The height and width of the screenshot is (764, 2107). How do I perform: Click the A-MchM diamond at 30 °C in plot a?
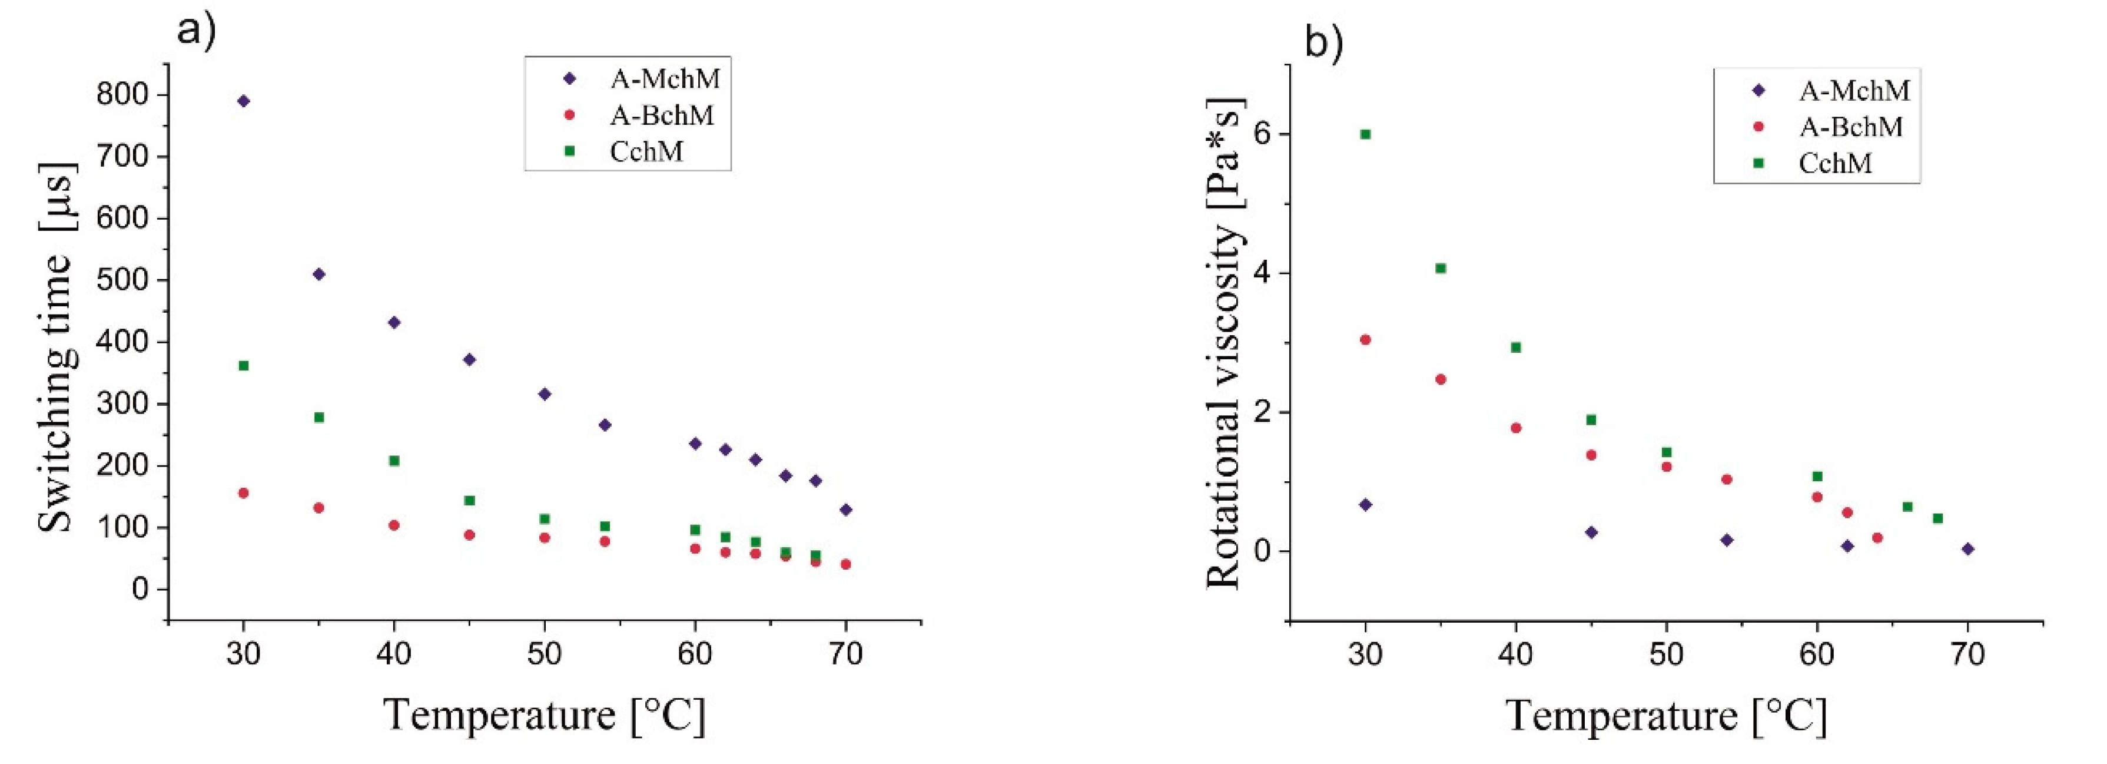243,101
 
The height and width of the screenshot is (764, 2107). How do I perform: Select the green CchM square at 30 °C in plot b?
1365,134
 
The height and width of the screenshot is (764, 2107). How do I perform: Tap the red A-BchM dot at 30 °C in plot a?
243,493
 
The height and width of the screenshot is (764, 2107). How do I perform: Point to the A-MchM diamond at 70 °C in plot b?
1968,549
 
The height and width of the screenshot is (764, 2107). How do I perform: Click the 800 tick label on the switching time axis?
122,95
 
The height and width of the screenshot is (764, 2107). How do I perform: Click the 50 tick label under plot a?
545,654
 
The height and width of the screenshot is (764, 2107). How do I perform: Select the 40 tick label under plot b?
1515,654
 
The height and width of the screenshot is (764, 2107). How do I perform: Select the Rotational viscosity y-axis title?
1225,343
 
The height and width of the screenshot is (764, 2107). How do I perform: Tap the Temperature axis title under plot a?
544,715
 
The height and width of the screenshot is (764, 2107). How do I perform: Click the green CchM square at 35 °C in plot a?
319,417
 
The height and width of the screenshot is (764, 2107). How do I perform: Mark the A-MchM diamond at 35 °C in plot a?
319,274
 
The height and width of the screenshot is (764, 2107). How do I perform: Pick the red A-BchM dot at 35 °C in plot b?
1441,379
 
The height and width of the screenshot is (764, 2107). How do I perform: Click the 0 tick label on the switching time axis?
140,589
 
